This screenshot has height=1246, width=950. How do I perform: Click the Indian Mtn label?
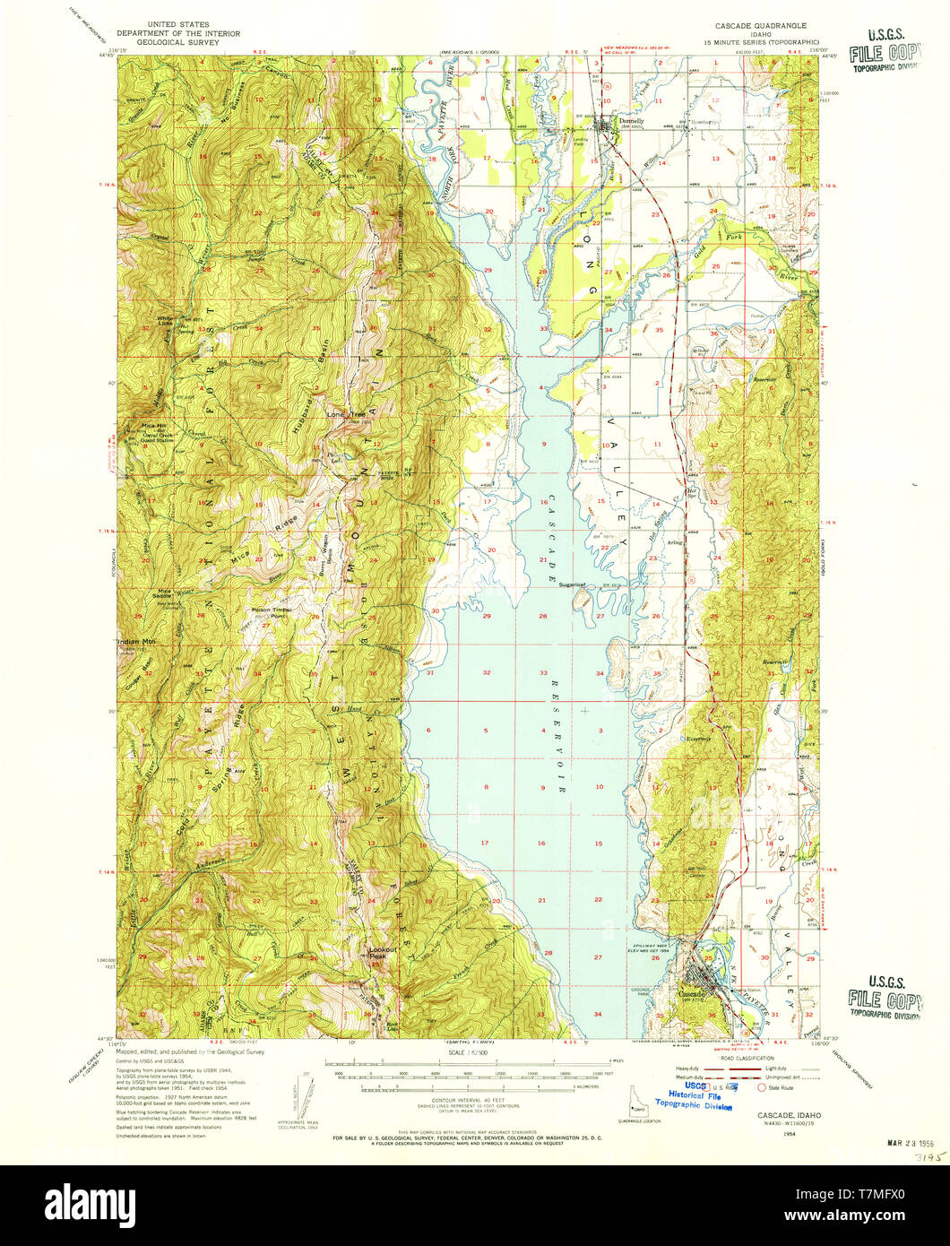coord(136,642)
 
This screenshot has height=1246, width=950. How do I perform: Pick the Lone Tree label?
coord(344,415)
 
